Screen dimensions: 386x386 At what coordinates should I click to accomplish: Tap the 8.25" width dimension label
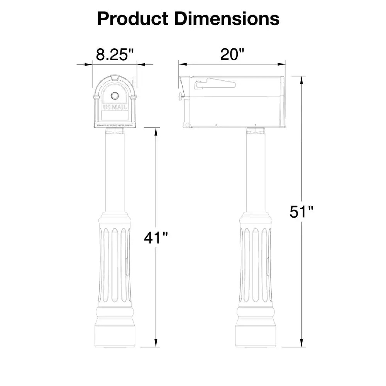tap(114, 54)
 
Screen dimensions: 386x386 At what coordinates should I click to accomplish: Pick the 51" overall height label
tap(301, 212)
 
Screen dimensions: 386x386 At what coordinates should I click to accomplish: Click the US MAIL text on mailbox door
tap(115, 107)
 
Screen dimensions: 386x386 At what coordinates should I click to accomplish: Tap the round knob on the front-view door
tap(115, 96)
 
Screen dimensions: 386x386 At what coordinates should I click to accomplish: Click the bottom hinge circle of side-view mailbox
tap(187, 125)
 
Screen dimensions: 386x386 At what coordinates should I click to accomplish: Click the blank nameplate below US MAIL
tap(115, 115)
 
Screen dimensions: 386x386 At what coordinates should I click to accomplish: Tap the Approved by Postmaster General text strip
tap(115, 125)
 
